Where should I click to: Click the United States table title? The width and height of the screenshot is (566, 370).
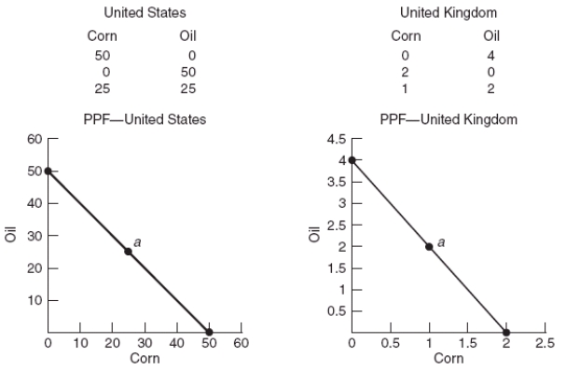[x=141, y=13]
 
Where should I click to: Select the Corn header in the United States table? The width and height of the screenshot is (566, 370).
[x=101, y=36]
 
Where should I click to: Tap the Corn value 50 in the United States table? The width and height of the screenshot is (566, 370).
[x=101, y=54]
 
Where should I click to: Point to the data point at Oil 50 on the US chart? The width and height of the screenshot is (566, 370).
[x=48, y=171]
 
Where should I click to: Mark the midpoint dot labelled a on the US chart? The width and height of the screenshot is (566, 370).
[x=128, y=252]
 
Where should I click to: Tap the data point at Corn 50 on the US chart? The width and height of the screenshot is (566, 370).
[x=209, y=332]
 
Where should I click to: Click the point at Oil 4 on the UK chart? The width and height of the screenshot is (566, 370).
[x=352, y=160]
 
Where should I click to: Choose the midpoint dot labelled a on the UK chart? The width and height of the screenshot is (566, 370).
[x=429, y=247]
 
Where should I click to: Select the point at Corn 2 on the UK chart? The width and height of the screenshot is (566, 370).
[x=506, y=332]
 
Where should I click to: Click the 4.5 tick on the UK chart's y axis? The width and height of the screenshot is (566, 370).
[x=333, y=139]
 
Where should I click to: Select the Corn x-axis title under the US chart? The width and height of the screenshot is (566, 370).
[x=145, y=358]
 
